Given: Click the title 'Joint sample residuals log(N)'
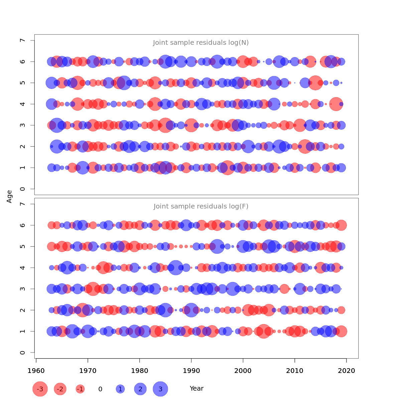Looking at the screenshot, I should coord(201,43).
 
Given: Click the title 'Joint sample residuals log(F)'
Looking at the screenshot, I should coord(201,207).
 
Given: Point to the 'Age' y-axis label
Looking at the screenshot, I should coord(9,196).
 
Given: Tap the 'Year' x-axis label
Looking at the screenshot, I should coord(196,389).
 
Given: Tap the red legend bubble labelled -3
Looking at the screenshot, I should coord(40,389).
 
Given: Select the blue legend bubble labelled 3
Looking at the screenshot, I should coord(160,389).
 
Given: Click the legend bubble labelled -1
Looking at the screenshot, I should coord(80,389).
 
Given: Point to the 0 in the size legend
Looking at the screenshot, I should coord(100,389).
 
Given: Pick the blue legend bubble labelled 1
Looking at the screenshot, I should coord(120,389).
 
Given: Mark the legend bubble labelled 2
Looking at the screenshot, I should coord(140,389).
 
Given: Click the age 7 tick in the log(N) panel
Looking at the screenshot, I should coord(22,40).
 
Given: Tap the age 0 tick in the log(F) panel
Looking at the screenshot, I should coord(22,353).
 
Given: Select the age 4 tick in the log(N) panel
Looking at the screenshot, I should coord(22,104).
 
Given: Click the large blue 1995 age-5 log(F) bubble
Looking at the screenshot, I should coord(217,246).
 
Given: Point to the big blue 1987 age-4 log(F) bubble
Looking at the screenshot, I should coord(176,268).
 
